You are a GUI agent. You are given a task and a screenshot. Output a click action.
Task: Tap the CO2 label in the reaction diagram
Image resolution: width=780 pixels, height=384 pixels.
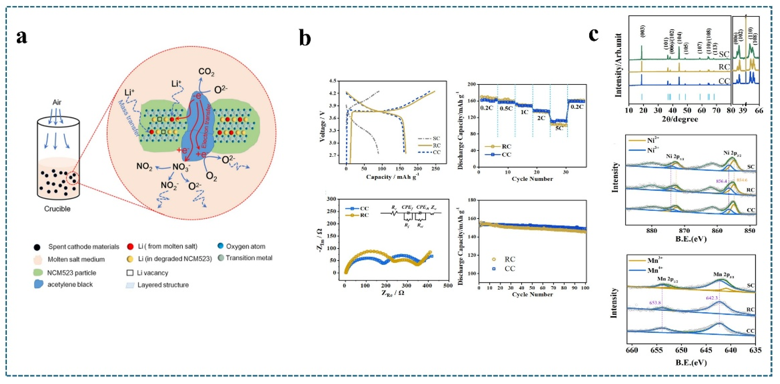click(x=207, y=72)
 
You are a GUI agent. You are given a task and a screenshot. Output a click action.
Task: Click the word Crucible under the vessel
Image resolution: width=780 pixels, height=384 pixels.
click(x=57, y=209)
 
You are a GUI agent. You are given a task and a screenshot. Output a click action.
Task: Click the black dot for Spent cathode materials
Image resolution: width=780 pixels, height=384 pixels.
click(x=37, y=247)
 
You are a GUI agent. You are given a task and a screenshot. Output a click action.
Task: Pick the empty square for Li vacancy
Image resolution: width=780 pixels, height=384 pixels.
click(x=130, y=273)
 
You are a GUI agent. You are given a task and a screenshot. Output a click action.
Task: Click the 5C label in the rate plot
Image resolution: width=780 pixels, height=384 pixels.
click(x=559, y=128)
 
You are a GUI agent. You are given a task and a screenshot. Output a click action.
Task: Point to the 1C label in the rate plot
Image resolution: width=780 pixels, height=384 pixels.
click(x=524, y=112)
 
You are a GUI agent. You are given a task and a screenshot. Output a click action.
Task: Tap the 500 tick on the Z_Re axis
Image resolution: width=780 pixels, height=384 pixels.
click(x=448, y=286)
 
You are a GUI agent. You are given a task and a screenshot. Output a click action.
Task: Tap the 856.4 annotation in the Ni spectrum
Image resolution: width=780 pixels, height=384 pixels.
click(x=722, y=181)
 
